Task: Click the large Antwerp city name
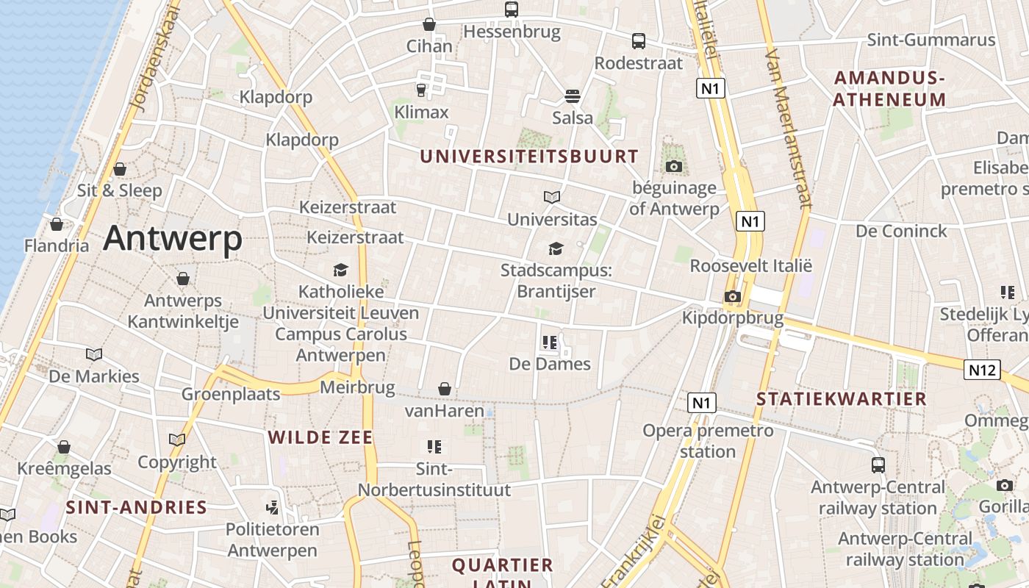click(x=173, y=238)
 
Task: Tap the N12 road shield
click(x=982, y=370)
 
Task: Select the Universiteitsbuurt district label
click(x=528, y=156)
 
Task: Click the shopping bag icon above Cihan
click(x=429, y=24)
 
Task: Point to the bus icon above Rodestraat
click(x=639, y=41)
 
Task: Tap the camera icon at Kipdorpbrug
click(x=732, y=296)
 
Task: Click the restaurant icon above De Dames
click(x=549, y=342)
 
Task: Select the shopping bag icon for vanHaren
click(x=444, y=389)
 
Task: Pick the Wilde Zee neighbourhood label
click(x=320, y=437)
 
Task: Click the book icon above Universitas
click(x=552, y=197)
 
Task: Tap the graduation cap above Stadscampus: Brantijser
click(x=556, y=248)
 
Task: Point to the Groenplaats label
click(x=231, y=394)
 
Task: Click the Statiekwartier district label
click(x=842, y=399)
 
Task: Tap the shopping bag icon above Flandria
click(x=57, y=224)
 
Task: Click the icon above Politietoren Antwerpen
click(x=273, y=507)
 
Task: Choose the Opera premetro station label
click(x=708, y=440)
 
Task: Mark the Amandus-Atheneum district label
click(x=889, y=88)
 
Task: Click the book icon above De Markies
click(x=94, y=354)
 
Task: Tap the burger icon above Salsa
click(x=573, y=96)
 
